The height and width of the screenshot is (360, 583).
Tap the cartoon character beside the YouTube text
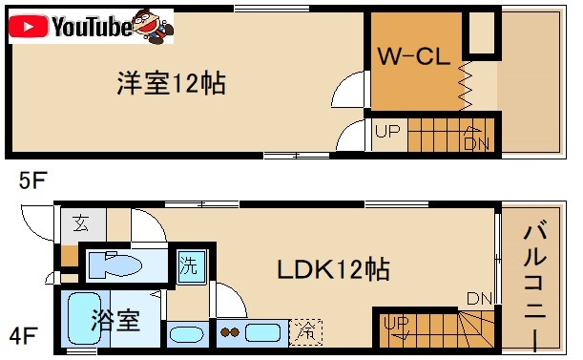coord(151,27)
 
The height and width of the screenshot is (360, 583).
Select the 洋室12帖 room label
coord(171,83)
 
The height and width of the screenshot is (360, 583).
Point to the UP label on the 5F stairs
coord(386,133)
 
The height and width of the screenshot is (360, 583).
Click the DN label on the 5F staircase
coord(475,143)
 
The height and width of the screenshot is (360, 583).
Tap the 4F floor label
coord(22,335)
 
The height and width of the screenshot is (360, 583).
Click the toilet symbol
coord(120,264)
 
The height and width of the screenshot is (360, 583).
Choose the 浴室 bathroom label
coord(115,320)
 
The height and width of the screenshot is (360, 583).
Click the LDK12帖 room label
coord(333,270)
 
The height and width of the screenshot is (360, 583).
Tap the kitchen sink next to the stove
coord(261,333)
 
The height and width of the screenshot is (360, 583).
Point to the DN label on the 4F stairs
coord(479,299)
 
